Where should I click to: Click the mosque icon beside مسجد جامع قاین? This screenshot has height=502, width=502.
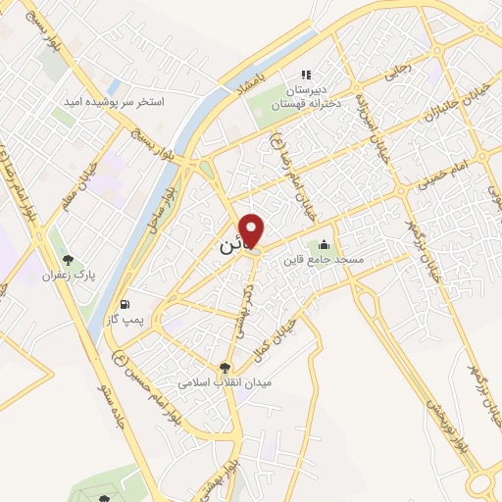click(325, 245)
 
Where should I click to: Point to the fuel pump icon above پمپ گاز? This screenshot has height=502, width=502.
click(124, 303)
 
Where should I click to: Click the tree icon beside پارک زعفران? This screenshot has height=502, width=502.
click(69, 260)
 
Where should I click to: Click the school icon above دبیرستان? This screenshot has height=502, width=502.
click(306, 75)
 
